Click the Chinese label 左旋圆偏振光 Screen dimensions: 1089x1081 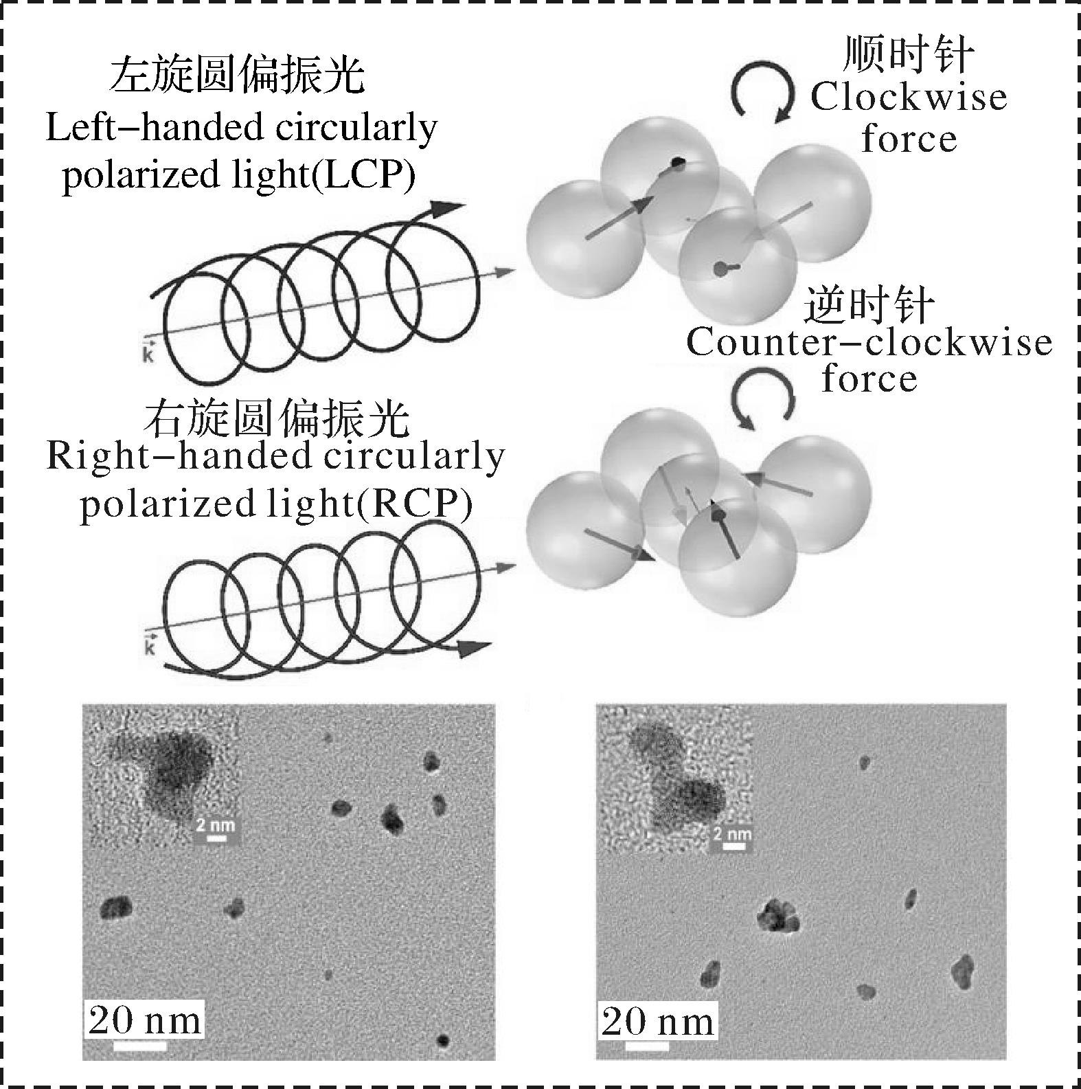point(238,76)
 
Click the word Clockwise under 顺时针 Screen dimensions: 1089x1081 point(908,97)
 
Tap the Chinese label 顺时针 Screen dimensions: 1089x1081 point(908,54)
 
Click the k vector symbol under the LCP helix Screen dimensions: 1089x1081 point(148,352)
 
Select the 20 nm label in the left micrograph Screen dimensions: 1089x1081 point(145,1020)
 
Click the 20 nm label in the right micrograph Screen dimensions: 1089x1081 point(657,1022)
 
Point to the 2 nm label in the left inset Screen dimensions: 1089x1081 point(216,825)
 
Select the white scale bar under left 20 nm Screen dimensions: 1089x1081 point(140,1046)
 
